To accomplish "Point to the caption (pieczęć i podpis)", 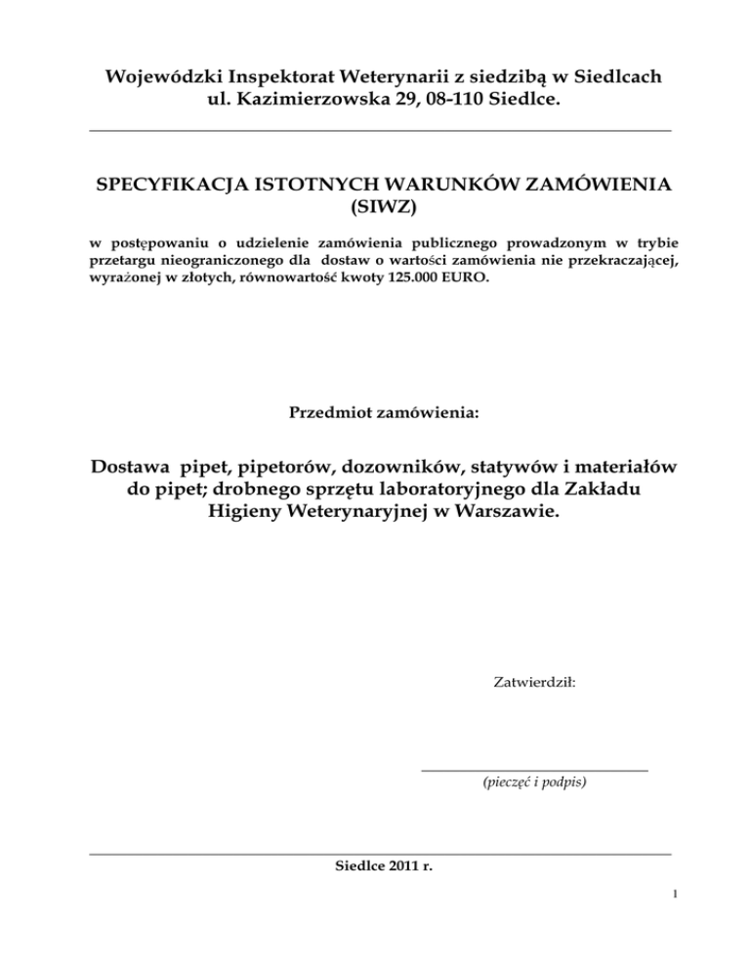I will tap(534, 782).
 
